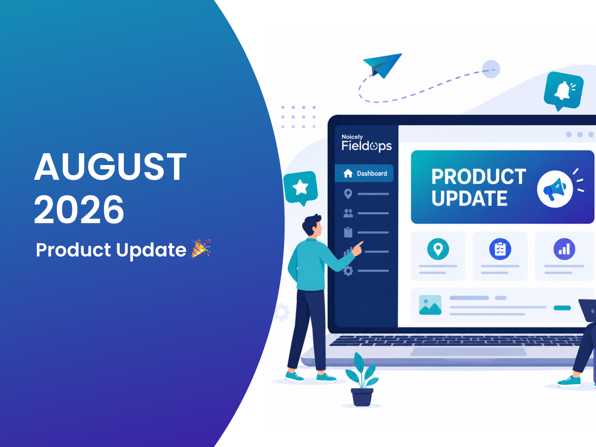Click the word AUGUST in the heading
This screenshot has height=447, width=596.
tap(110, 166)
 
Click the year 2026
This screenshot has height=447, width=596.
tap(79, 209)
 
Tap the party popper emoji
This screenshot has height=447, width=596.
tap(201, 248)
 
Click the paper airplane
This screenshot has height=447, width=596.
tap(383, 65)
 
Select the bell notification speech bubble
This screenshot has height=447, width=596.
tap(563, 91)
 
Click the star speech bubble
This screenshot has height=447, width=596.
tap(301, 188)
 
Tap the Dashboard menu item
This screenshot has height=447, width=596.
tap(364, 173)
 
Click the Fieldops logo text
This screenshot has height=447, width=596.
tap(366, 146)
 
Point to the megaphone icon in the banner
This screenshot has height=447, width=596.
tap(555, 189)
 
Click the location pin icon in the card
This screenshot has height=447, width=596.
tap(438, 249)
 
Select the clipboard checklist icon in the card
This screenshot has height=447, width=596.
tap(500, 249)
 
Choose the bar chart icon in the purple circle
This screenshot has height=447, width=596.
tap(564, 249)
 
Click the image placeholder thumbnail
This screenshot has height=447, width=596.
tap(430, 305)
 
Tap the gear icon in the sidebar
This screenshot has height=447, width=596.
tap(348, 271)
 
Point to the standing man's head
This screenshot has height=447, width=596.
tap(313, 225)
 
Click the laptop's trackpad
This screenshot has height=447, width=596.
tap(468, 352)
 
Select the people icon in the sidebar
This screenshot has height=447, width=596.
tap(348, 213)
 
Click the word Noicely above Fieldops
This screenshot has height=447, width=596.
tap(352, 137)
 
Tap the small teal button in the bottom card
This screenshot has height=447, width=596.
tap(562, 308)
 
